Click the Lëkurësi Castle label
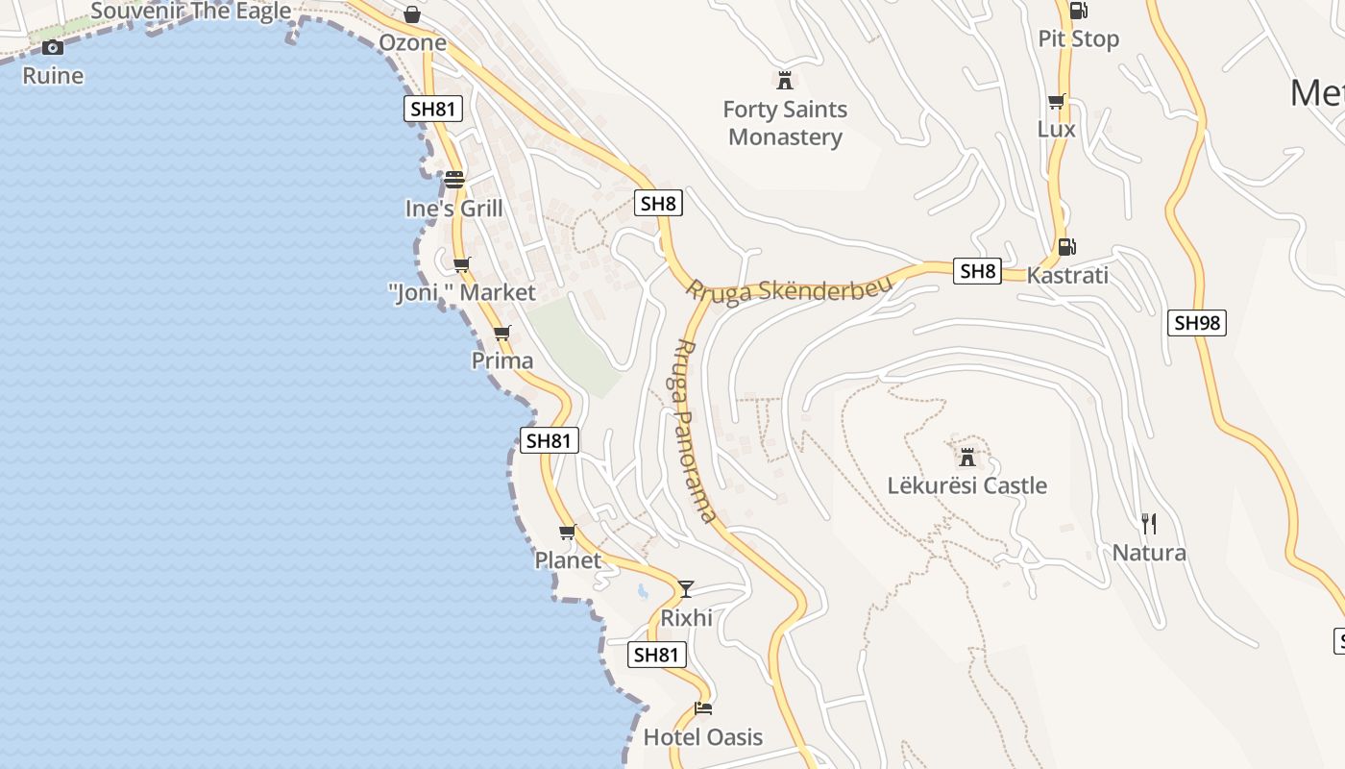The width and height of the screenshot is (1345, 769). point(966,485)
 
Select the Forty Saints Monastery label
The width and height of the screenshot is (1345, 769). point(785,123)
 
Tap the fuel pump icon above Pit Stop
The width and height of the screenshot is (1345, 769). point(1078,11)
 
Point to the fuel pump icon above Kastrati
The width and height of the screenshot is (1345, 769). point(1066,246)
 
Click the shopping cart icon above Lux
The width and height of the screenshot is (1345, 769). point(1057,101)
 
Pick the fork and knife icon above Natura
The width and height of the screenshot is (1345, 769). point(1148,523)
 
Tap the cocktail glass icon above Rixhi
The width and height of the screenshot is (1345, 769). point(686,588)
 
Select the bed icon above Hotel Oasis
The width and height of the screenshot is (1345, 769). point(703,709)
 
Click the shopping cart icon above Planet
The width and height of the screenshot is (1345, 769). point(567,532)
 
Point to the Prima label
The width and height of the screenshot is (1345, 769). point(502,360)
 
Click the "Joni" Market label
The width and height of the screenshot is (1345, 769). point(462,292)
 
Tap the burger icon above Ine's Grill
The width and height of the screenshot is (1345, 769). point(453,179)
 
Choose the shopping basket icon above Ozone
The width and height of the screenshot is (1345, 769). point(412,14)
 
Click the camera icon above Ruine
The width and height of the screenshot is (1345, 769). point(53,47)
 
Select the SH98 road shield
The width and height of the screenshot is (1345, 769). point(1197,323)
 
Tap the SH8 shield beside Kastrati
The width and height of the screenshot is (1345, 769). point(978,271)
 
